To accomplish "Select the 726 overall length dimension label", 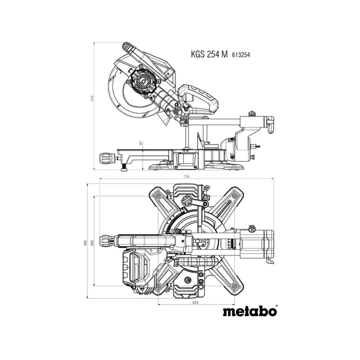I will click(x=186, y=178).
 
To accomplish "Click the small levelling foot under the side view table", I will click(x=125, y=169).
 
